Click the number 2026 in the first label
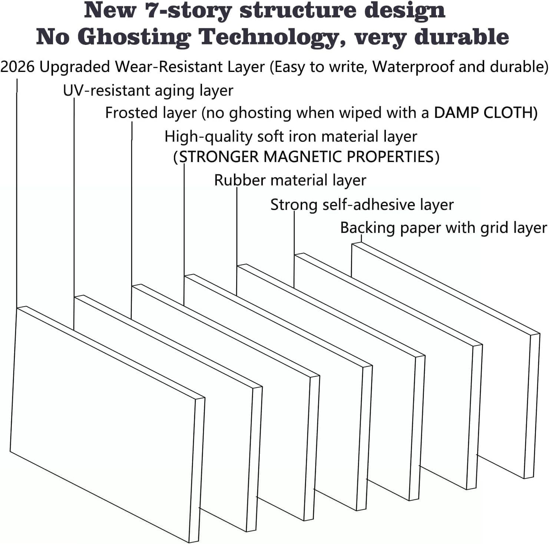pos(18,67)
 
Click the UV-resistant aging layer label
pos(148,91)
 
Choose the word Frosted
pos(128,113)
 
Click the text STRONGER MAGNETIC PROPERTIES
pos(307,156)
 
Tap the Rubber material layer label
pos(290,180)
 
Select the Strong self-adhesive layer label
pos(362,205)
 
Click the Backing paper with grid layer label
pos(444,228)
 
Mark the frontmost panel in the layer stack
pos(108,424)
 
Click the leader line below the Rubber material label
pos(237,241)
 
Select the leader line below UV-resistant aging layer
pos(74,214)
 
